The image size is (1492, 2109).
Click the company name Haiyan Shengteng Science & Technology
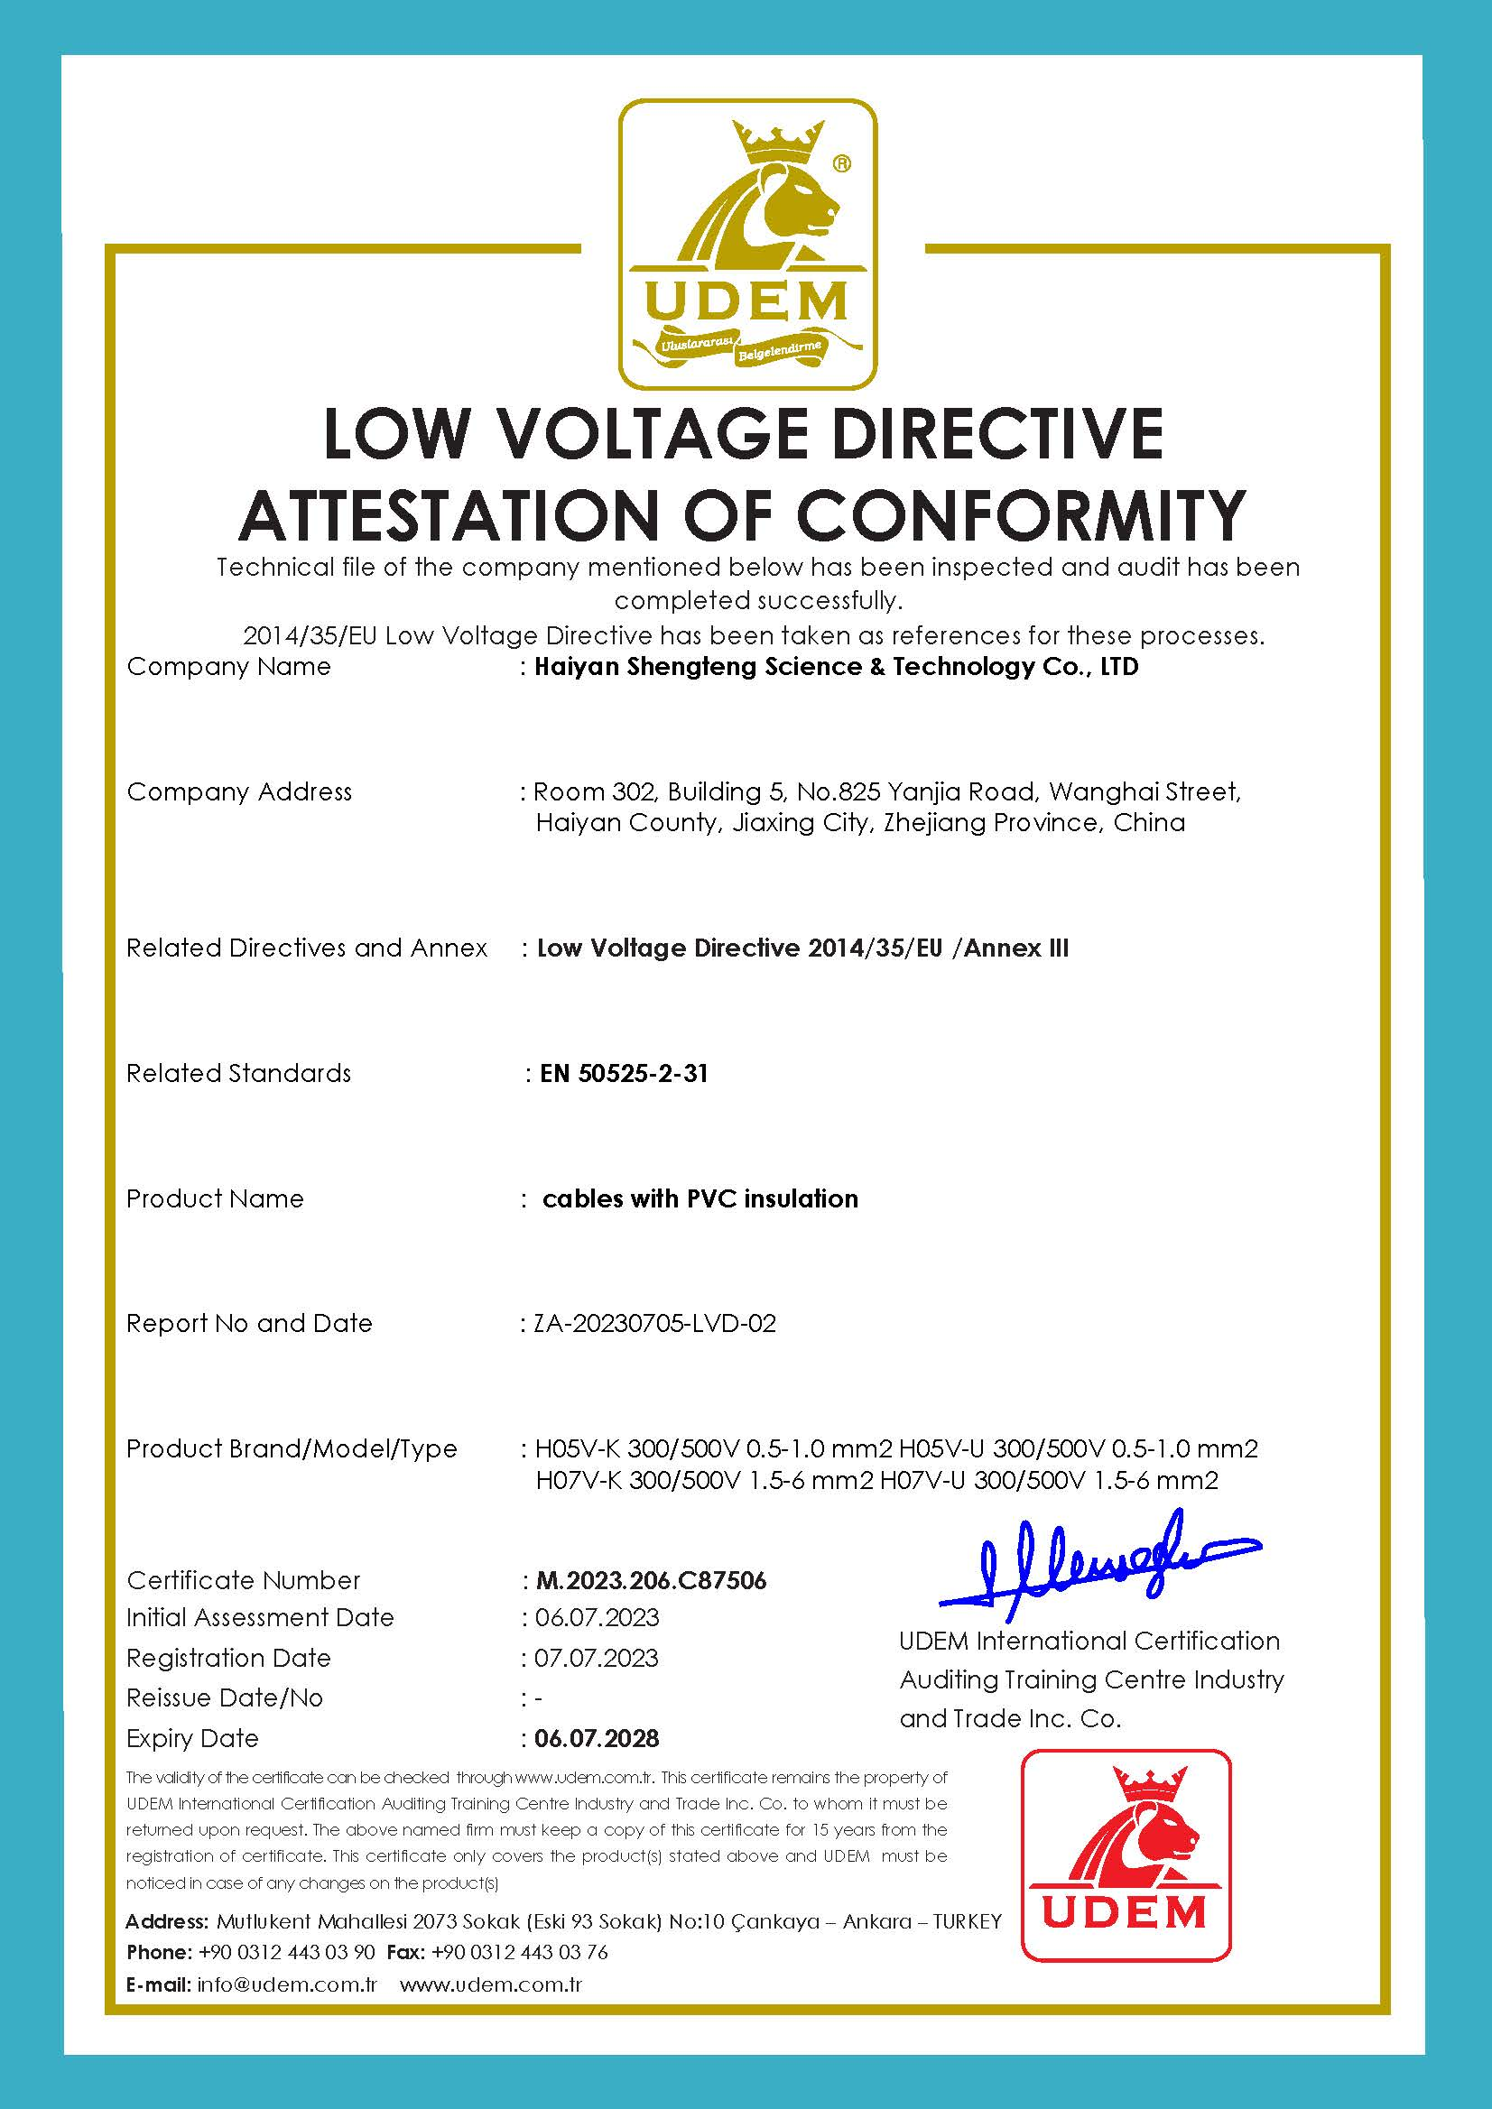point(836,667)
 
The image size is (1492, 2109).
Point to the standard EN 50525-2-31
point(624,1073)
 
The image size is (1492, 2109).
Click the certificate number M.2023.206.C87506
point(651,1580)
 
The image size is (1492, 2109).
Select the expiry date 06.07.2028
point(598,1738)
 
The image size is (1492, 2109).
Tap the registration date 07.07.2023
point(597,1658)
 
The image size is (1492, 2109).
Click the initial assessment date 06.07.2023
point(598,1617)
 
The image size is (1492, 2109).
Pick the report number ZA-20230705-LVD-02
point(655,1323)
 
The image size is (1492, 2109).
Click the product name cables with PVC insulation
point(700,1198)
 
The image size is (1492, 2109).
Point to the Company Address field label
point(239,791)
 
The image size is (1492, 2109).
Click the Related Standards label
point(238,1073)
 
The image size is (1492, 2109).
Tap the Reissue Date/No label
point(224,1697)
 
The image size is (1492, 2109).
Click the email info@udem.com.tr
point(287,1984)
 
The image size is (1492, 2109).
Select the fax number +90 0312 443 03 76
point(519,1952)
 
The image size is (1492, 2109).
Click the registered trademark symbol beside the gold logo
point(840,163)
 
